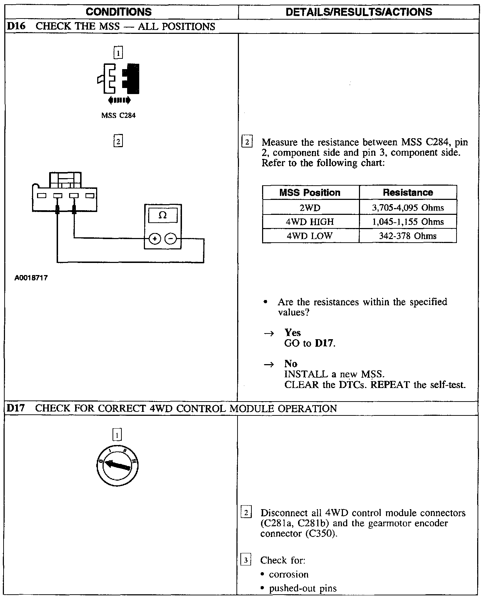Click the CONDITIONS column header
click(x=119, y=12)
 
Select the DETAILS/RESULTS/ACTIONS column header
click(x=359, y=12)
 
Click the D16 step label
click(x=16, y=26)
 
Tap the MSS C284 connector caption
click(x=118, y=115)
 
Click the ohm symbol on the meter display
click(x=162, y=215)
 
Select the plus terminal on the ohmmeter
click(x=155, y=238)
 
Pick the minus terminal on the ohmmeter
click(x=171, y=238)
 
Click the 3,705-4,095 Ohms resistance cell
click(x=408, y=207)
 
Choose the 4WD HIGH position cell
click(x=310, y=222)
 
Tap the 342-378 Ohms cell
click(x=408, y=236)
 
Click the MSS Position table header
click(x=310, y=192)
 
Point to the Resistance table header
click(x=408, y=192)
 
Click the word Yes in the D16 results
click(x=293, y=332)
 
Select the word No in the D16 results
click(x=291, y=363)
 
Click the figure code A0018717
click(x=31, y=278)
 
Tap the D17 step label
click(x=16, y=408)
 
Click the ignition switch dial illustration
click(x=118, y=465)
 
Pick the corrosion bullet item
click(x=288, y=574)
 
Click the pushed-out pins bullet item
click(x=303, y=588)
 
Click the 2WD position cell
click(x=310, y=207)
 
